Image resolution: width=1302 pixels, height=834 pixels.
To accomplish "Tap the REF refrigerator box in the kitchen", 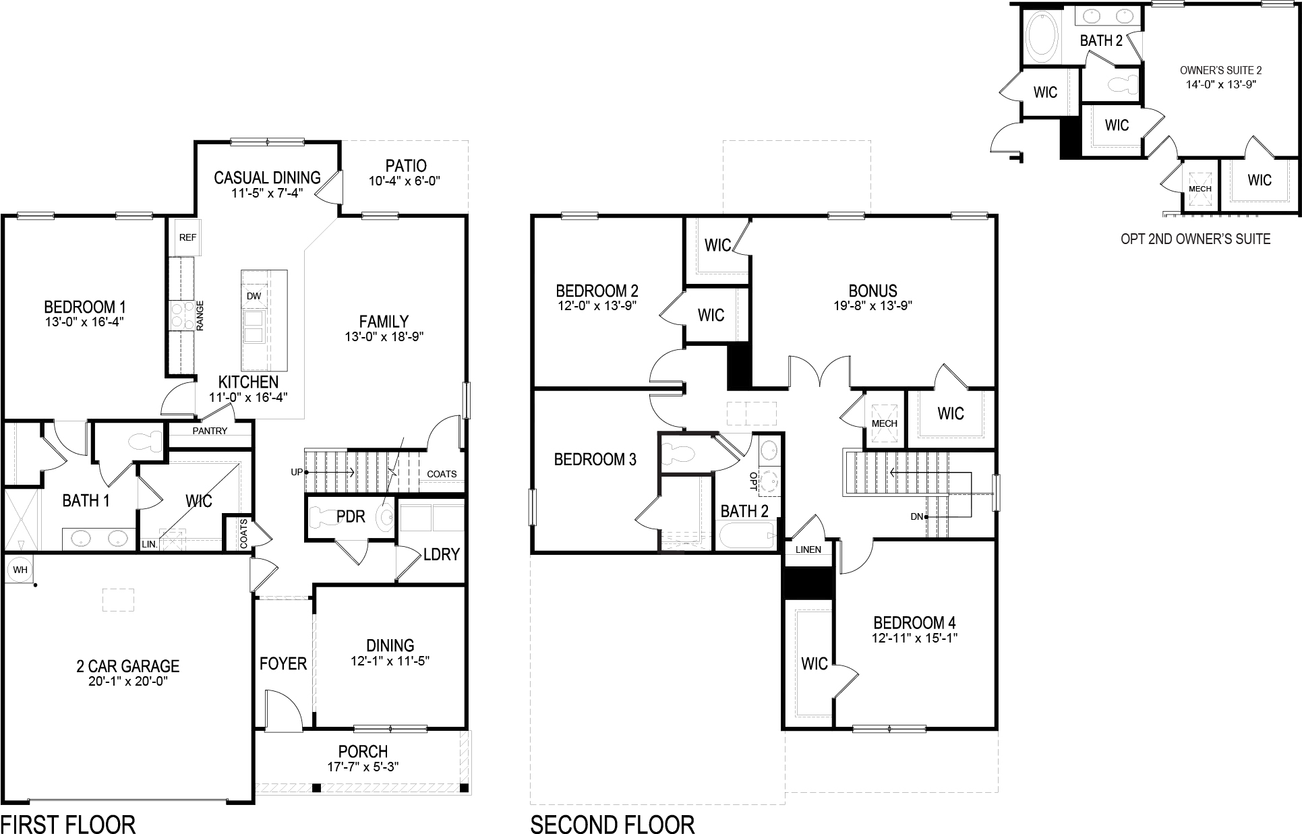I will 187,237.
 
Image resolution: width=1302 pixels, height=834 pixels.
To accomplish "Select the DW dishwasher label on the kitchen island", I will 254,296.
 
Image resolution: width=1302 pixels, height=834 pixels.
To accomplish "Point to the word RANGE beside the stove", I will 200,315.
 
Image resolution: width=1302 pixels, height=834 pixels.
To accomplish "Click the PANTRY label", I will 210,431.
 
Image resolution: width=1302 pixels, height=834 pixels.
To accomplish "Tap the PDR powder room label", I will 351,516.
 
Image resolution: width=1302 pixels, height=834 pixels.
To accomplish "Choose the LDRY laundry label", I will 441,554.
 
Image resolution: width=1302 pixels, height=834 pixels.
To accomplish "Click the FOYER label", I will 283,664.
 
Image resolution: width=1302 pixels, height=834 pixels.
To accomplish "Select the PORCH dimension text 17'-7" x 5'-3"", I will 363,767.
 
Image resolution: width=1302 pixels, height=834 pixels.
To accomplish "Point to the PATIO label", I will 406,166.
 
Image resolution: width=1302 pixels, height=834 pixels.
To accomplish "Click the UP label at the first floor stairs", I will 297,473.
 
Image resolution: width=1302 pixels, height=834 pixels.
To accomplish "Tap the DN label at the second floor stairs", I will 916,516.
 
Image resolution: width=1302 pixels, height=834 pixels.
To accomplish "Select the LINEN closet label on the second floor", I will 808,549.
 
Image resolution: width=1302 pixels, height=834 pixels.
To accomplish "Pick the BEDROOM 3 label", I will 595,460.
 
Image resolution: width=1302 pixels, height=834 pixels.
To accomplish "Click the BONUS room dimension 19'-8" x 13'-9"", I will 872,305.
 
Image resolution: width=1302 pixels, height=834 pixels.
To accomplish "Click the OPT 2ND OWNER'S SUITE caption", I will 1195,239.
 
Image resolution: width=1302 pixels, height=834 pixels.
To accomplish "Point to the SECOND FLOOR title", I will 612,824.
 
